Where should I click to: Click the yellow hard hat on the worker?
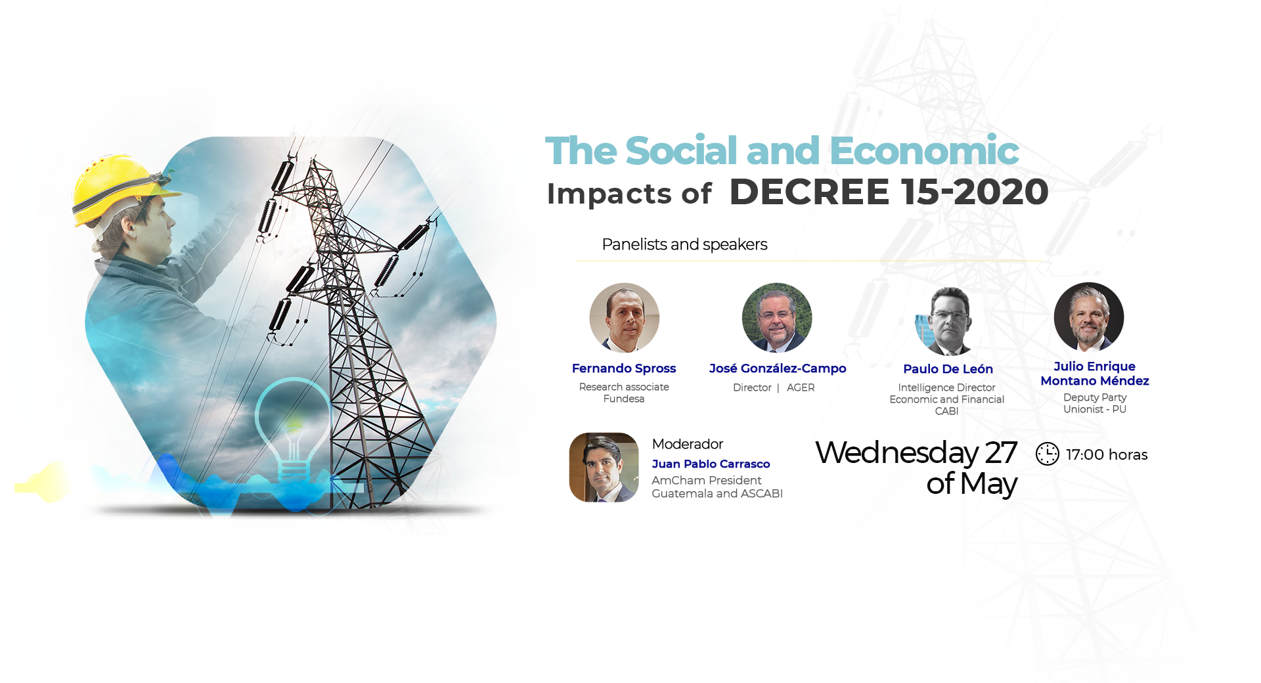pos(118,187)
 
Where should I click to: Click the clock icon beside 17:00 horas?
pos(1048,454)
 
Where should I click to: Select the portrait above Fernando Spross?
pos(624,318)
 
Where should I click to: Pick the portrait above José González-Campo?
pos(777,318)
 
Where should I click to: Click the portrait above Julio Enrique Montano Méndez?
pos(1088,317)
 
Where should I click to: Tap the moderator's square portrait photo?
pos(604,467)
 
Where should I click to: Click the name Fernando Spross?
pos(624,368)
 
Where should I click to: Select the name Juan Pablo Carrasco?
pos(711,464)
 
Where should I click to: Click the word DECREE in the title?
pos(809,192)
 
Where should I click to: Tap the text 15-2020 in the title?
pos(975,192)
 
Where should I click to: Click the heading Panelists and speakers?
pos(684,244)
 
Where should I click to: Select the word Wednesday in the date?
pos(896,452)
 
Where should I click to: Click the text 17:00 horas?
pos(1107,454)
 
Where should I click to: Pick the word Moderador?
pos(688,444)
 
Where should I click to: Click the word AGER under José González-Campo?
pos(801,387)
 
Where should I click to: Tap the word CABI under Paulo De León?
pos(946,411)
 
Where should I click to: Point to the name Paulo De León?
pos(948,369)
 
